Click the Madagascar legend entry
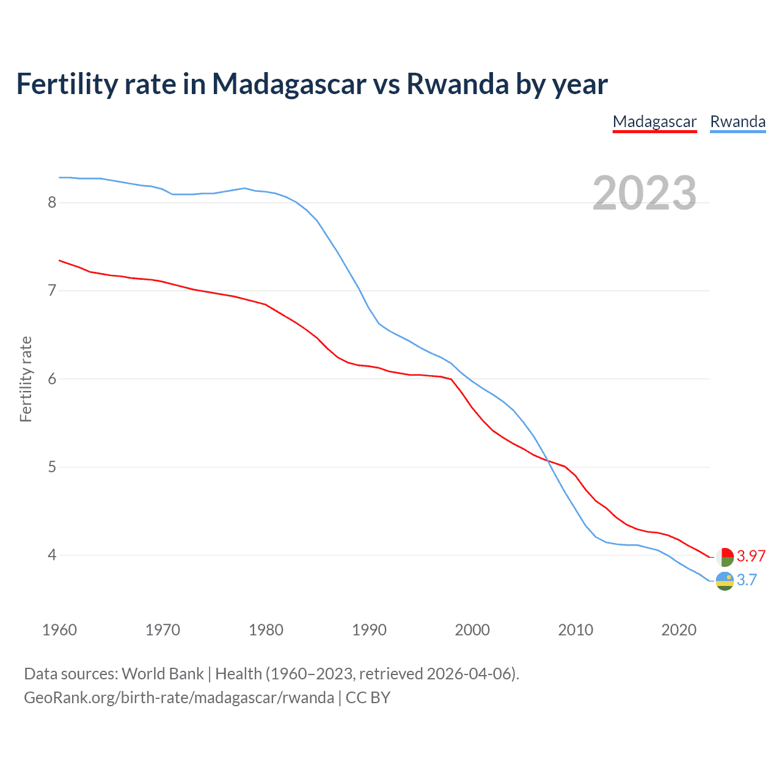pyautogui.click(x=654, y=122)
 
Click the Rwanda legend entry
pyautogui.click(x=737, y=122)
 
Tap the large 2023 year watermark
pyautogui.click(x=644, y=193)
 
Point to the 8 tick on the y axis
pyautogui.click(x=52, y=202)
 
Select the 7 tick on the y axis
pyautogui.click(x=52, y=290)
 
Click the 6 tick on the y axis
pyautogui.click(x=52, y=379)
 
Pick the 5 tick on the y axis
pyautogui.click(x=52, y=467)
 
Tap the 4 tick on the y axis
pyautogui.click(x=52, y=555)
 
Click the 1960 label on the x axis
pyautogui.click(x=59, y=630)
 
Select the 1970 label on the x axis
pyautogui.click(x=163, y=630)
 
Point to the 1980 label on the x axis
pyautogui.click(x=266, y=630)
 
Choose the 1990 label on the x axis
pyautogui.click(x=369, y=630)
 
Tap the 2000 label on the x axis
pyautogui.click(x=472, y=630)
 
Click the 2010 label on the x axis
pyautogui.click(x=576, y=630)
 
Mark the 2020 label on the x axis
pyautogui.click(x=679, y=630)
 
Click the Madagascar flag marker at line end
pyautogui.click(x=725, y=557)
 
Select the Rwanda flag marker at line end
pyautogui.click(x=725, y=581)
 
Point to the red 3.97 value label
pyautogui.click(x=751, y=556)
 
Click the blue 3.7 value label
pyautogui.click(x=747, y=580)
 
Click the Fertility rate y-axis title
pyautogui.click(x=26, y=379)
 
